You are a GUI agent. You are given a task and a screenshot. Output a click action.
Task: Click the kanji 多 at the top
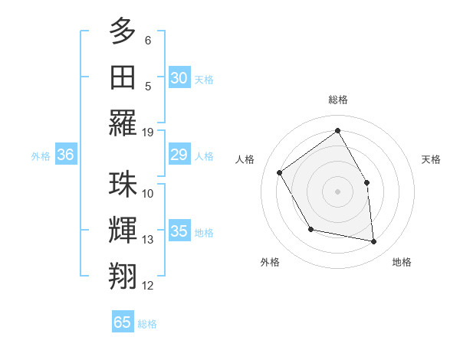pos(123,31)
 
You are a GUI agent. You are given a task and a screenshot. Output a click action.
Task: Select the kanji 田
pos(123,78)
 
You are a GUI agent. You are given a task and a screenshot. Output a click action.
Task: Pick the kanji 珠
pos(123,185)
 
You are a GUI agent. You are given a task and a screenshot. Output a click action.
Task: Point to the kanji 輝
pos(123,231)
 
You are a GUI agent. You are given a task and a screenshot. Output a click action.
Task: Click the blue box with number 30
pos(179,77)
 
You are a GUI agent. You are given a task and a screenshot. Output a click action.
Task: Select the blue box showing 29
pos(179,155)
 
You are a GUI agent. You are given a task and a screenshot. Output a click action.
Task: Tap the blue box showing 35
pos(179,231)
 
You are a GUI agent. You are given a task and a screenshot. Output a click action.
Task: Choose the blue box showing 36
pos(65,155)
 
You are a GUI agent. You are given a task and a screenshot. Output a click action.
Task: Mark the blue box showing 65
pos(123,322)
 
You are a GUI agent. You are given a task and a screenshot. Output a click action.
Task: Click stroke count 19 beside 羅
pos(148,132)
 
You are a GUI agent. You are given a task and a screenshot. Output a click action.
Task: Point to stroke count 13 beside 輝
pos(148,240)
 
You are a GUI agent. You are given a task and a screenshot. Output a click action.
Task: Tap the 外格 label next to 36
pos(41,156)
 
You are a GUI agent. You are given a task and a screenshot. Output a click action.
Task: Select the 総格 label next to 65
pos(147,323)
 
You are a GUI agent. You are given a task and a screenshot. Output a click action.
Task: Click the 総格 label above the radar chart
pos(338,100)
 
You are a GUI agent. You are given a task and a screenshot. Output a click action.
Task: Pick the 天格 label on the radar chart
pos(431,159)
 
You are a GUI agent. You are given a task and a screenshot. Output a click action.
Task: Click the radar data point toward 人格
pos(280,172)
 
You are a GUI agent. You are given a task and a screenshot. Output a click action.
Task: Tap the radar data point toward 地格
pos(374,242)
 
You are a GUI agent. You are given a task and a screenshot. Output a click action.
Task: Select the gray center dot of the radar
pos(337,191)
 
